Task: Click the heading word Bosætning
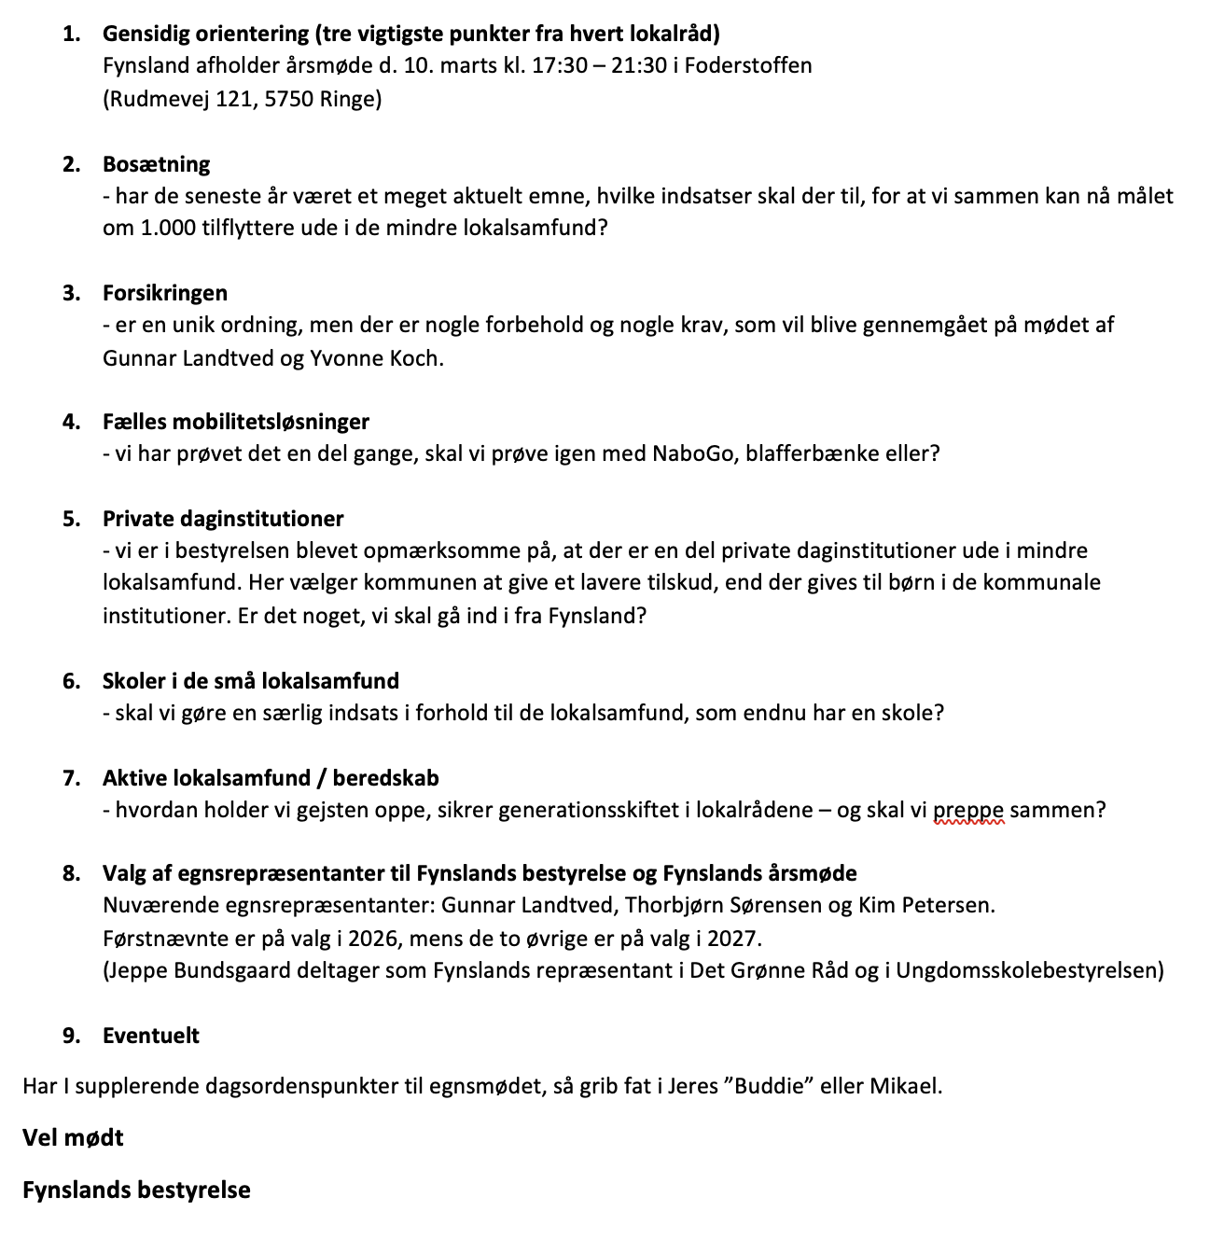point(156,164)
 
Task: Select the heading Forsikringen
point(164,293)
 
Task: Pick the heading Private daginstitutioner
point(223,519)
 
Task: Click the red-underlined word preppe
point(968,810)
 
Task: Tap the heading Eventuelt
point(151,1036)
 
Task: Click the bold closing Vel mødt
point(73,1138)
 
